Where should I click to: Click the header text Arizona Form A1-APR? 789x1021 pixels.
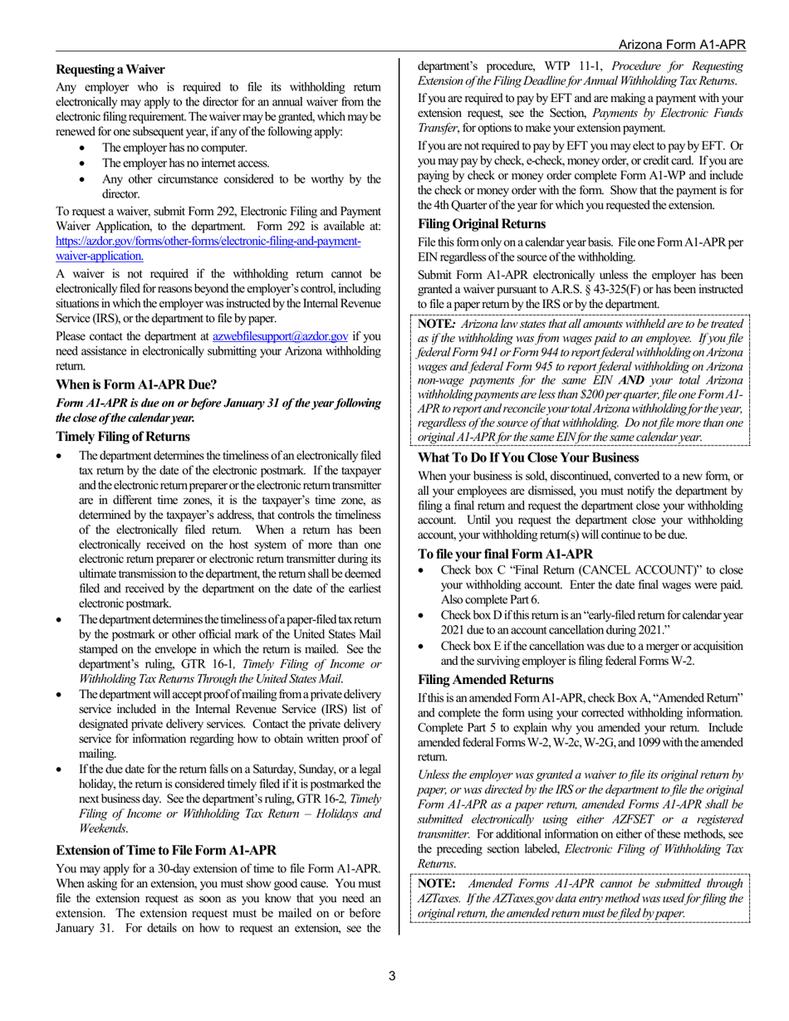(682, 44)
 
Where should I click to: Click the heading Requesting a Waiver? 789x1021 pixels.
(110, 70)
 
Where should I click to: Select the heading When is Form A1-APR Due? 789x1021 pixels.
(136, 384)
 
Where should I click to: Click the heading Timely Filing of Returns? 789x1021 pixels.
(123, 437)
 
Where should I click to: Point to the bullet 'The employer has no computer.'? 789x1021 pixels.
(174, 148)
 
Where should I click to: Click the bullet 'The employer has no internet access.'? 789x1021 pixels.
(185, 164)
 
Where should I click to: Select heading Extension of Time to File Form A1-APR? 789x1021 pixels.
(166, 850)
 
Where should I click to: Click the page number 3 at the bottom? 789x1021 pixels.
(393, 976)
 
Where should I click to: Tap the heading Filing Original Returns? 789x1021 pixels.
(482, 224)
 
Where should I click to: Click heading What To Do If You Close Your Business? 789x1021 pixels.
(528, 458)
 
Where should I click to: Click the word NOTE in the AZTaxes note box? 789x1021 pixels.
(437, 883)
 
